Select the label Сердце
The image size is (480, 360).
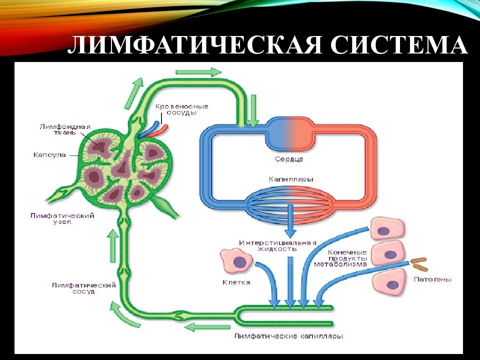coord(289,159)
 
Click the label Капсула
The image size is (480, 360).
coord(49,155)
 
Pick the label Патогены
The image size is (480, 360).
coord(433,279)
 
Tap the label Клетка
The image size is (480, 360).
coord(236,282)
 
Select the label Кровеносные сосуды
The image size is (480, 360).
coord(181,109)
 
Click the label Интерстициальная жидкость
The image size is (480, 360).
coord(277,245)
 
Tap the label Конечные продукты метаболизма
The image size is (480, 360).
coord(347,258)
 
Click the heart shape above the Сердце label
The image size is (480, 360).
coord(288,133)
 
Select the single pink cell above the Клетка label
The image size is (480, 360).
coord(236,261)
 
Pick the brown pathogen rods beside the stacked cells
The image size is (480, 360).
coord(419,260)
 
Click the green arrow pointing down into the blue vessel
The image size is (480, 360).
coord(254,111)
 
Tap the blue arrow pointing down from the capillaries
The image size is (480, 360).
coord(289,225)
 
